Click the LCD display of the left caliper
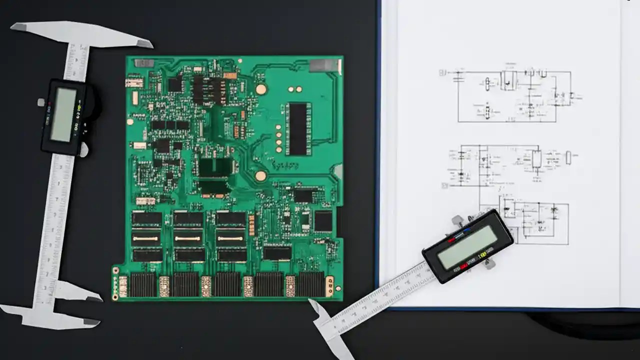tap(63, 114)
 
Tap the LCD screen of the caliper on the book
tap(467, 247)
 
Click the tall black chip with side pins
tap(298, 128)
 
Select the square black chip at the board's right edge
tap(323, 220)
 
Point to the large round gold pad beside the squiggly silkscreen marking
tap(260, 176)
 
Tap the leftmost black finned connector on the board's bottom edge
tap(143, 285)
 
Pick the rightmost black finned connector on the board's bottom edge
tap(310, 284)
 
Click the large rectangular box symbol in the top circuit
tap(509, 80)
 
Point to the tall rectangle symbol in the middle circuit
tap(536, 159)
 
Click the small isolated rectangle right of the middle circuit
tap(568, 157)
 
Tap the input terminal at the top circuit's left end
tap(442, 73)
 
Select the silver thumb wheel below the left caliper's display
tap(83, 149)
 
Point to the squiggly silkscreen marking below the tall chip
tap(285, 164)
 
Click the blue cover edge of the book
tap(378, 150)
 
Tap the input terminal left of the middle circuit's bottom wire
tap(444, 185)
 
